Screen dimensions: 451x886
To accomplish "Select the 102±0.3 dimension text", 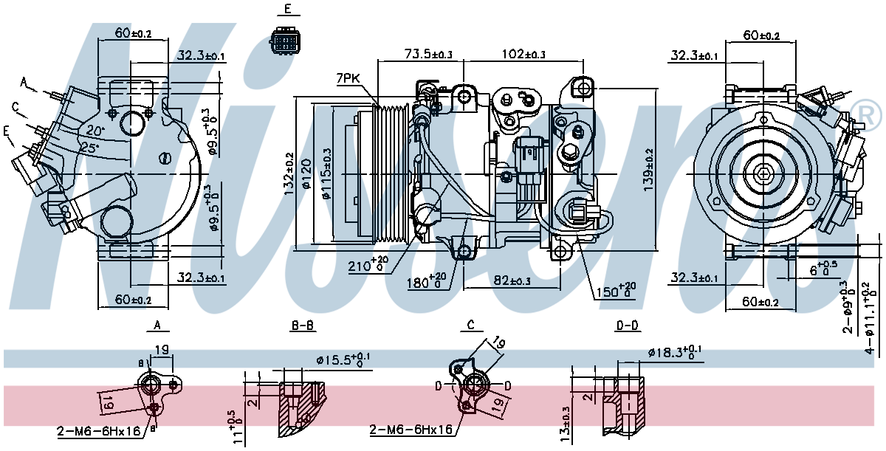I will [x=523, y=54].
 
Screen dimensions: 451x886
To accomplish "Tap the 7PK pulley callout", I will [x=347, y=78].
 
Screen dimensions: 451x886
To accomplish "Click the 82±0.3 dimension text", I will [x=512, y=280].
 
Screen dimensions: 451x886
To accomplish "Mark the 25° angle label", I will [x=89, y=148].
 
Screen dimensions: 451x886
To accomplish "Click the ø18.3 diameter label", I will [x=673, y=352].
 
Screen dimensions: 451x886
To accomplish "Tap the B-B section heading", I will [x=303, y=325].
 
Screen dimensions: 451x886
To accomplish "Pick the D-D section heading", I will [x=627, y=325].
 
